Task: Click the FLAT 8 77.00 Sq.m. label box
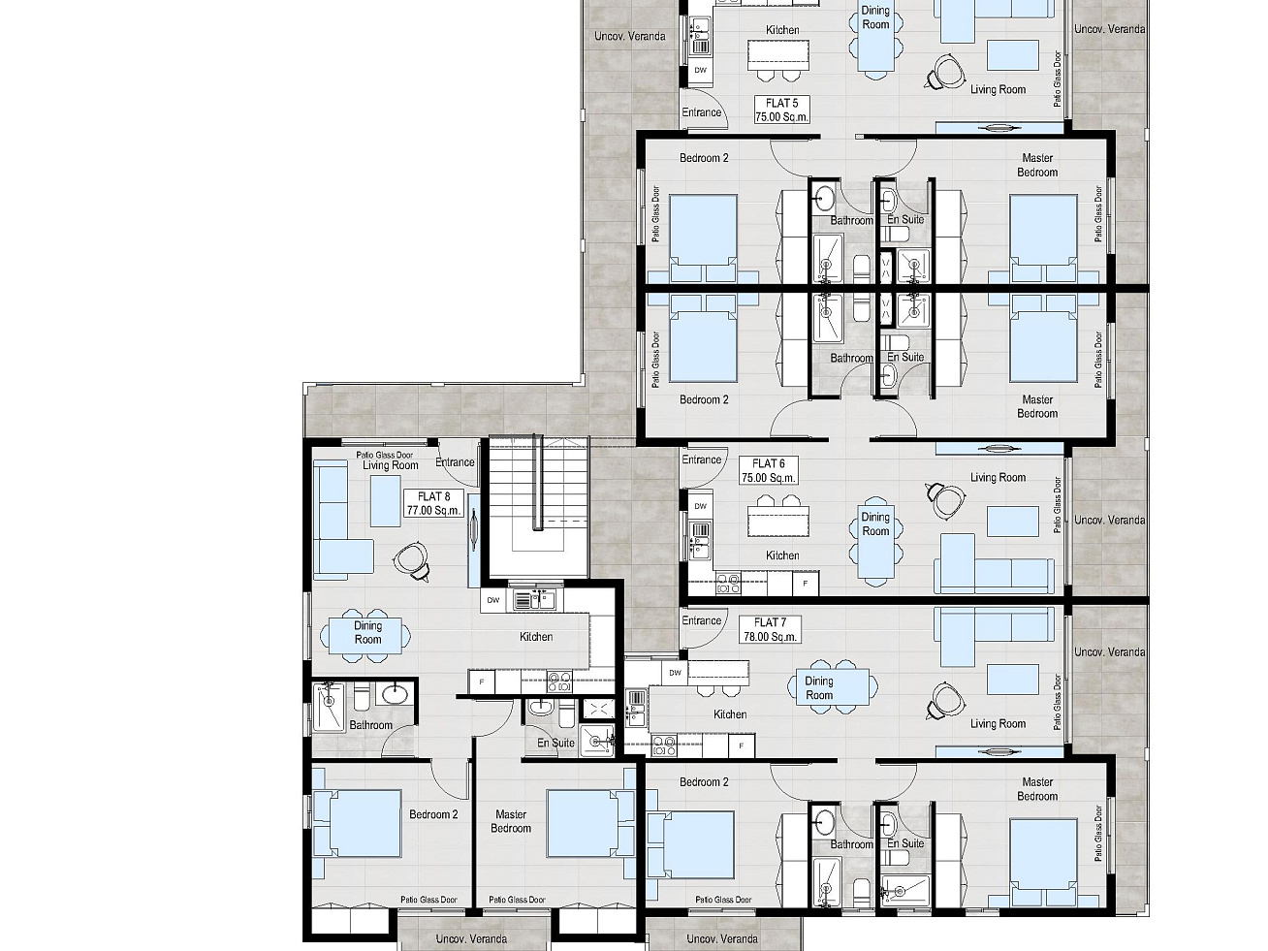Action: (434, 503)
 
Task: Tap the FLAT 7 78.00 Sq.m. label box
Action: (770, 629)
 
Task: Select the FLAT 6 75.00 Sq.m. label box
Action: (769, 470)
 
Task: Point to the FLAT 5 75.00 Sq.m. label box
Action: (781, 110)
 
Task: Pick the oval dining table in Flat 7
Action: (833, 687)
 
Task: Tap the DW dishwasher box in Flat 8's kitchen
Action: (492, 600)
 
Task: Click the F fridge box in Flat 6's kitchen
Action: (806, 584)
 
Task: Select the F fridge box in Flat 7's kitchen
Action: (742, 746)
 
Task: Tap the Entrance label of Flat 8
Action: (455, 462)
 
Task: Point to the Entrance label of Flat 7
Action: (701, 620)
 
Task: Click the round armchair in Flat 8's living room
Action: (412, 559)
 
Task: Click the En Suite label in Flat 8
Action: (555, 743)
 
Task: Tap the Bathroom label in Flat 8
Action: (371, 725)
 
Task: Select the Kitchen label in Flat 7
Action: (730, 714)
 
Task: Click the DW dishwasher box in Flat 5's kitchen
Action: (700, 71)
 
